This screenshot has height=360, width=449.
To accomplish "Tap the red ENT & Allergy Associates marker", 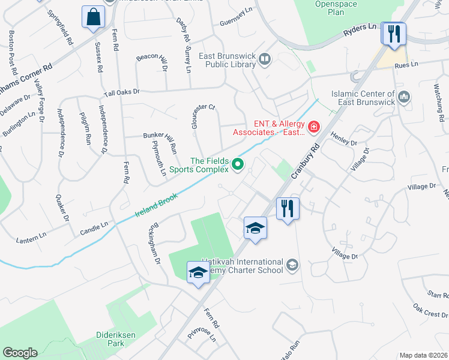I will point(313,127).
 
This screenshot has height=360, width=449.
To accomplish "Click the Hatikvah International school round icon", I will point(292,265).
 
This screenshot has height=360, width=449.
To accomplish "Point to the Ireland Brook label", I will point(157,206).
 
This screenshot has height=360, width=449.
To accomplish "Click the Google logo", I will point(20,353).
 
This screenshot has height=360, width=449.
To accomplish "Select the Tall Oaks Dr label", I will point(121,92).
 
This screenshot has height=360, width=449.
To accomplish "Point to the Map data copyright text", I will point(424,355).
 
